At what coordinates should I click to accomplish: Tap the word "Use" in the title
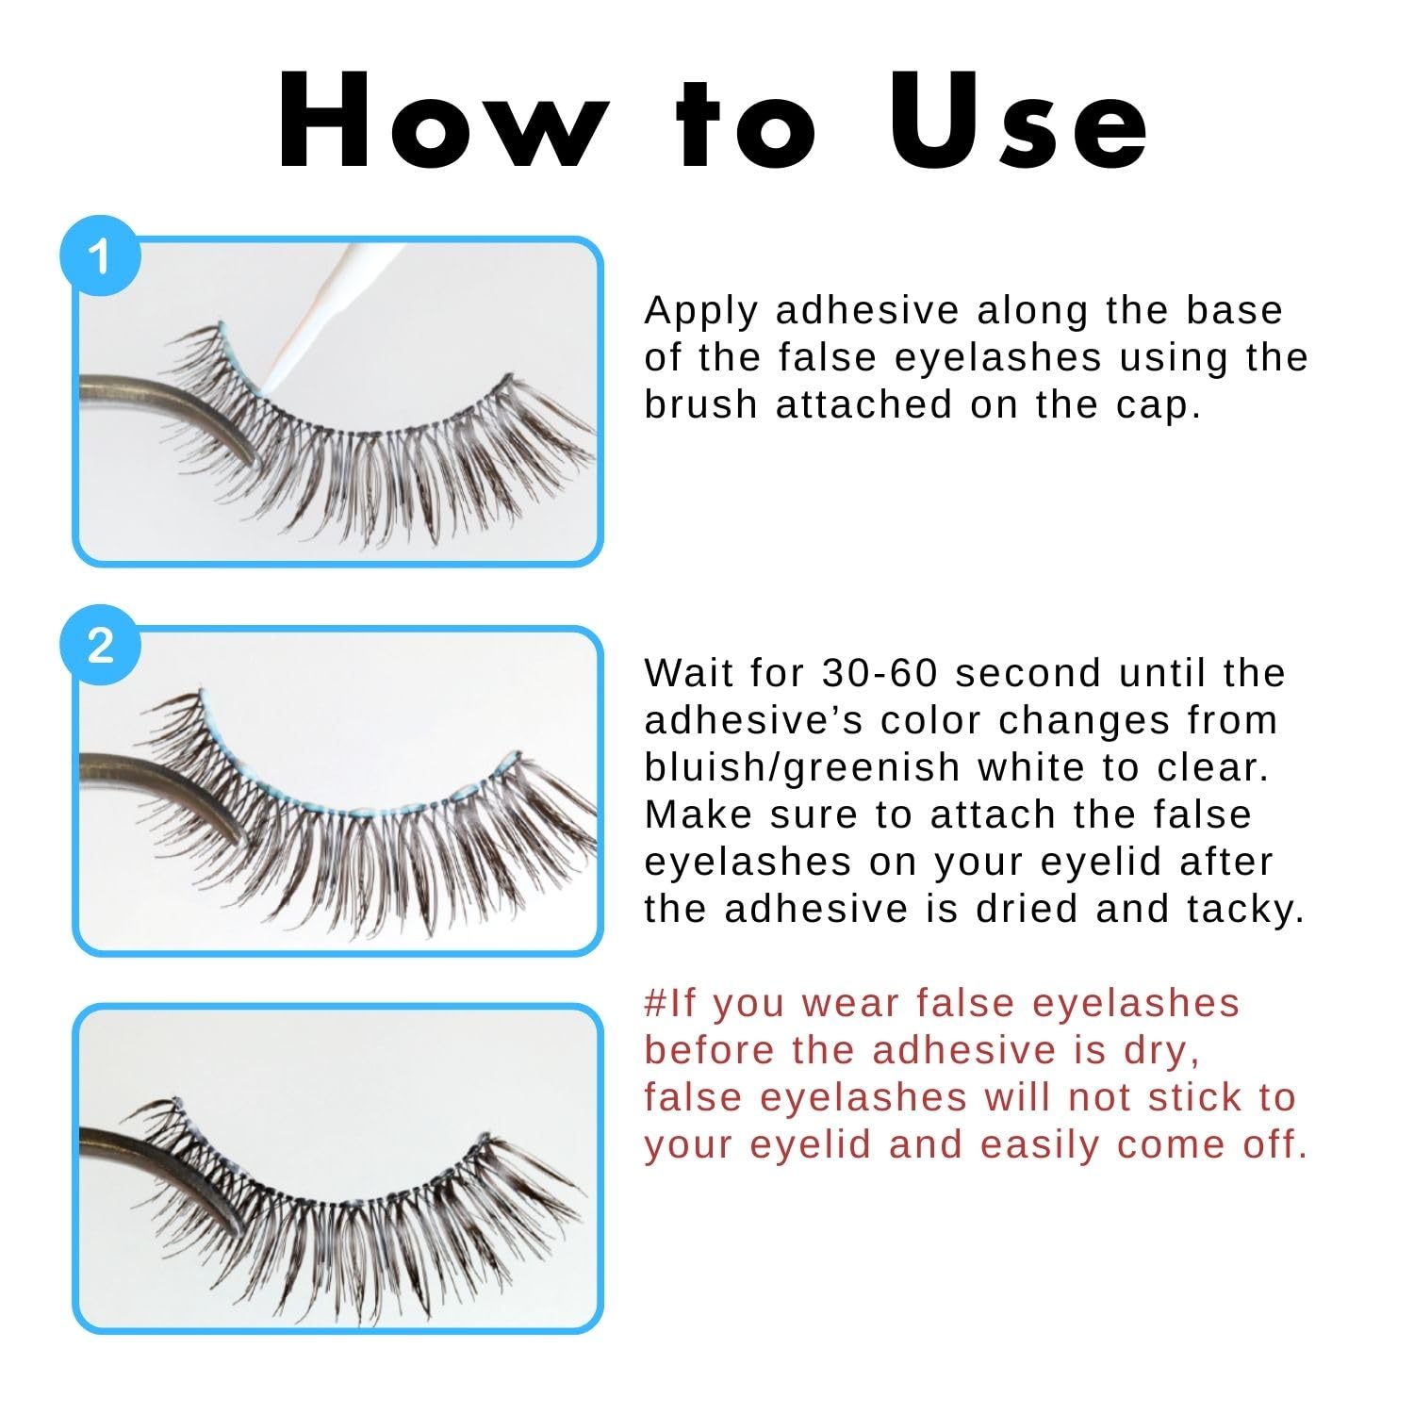1018,121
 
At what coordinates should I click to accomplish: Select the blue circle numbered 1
100,256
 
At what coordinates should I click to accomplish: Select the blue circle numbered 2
100,647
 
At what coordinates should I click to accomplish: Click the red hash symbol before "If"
656,1003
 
